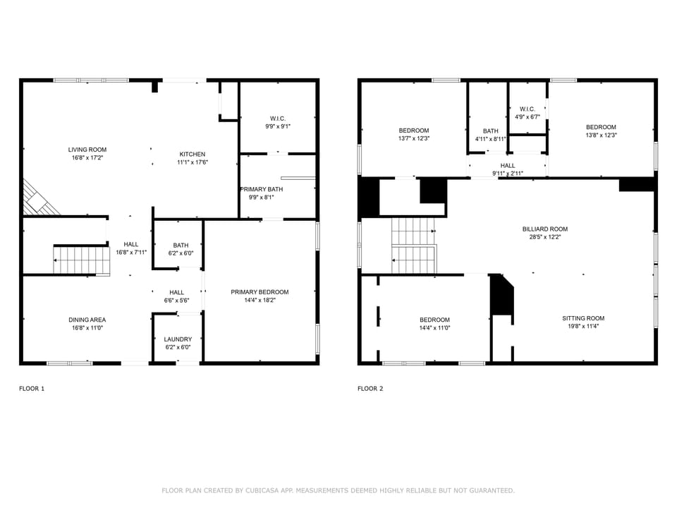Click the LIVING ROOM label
coord(87,150)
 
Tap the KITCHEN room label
coord(193,154)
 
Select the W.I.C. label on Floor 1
coord(277,118)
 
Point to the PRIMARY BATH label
coord(262,189)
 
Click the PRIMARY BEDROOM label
coord(260,292)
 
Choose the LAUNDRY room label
coord(178,339)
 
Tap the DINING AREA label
coord(87,320)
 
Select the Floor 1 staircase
coord(82,260)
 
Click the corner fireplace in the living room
coord(38,199)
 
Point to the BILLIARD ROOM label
coord(544,229)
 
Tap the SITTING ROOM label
coord(583,318)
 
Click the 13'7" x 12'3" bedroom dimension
coord(414,139)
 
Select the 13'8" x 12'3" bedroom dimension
coord(601,135)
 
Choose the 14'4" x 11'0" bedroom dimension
coord(434,327)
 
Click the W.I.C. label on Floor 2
coord(527,109)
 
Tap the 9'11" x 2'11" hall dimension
coord(508,173)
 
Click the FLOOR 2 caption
coord(370,388)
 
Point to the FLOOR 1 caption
coord(31,388)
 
